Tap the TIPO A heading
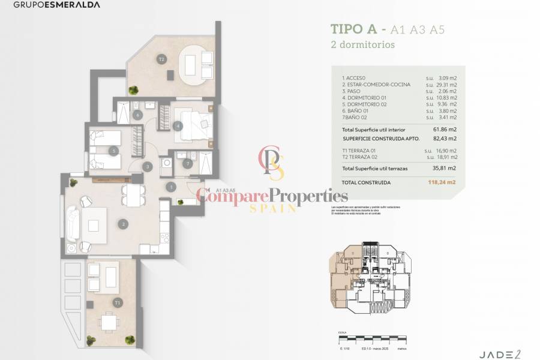click(x=355, y=29)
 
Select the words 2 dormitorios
click(x=362, y=44)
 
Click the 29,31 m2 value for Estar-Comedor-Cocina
click(x=445, y=85)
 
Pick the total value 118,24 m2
click(x=445, y=182)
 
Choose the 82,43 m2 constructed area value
click(x=445, y=138)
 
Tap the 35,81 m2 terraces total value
click(x=445, y=169)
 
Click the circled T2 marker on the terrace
click(x=161, y=59)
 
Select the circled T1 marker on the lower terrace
click(x=118, y=302)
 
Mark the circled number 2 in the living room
click(x=123, y=225)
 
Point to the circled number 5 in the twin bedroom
click(x=114, y=151)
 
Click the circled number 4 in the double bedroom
click(x=178, y=126)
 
